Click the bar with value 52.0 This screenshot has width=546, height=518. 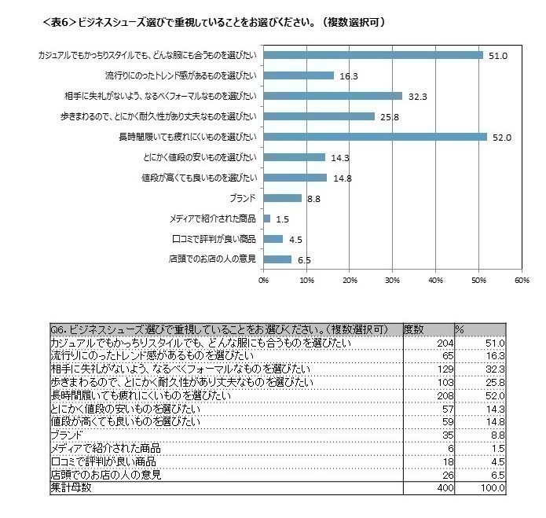pos(375,137)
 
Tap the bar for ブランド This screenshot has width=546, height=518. pos(282,198)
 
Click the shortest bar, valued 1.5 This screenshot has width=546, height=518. pos(267,219)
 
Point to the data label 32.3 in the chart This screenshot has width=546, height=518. pos(416,97)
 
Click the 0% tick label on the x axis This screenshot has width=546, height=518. pos(264,280)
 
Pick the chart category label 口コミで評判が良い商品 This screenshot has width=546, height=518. pos(213,239)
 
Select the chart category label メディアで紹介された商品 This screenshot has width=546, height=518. pos(212,219)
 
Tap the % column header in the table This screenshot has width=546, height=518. pos(460,329)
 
